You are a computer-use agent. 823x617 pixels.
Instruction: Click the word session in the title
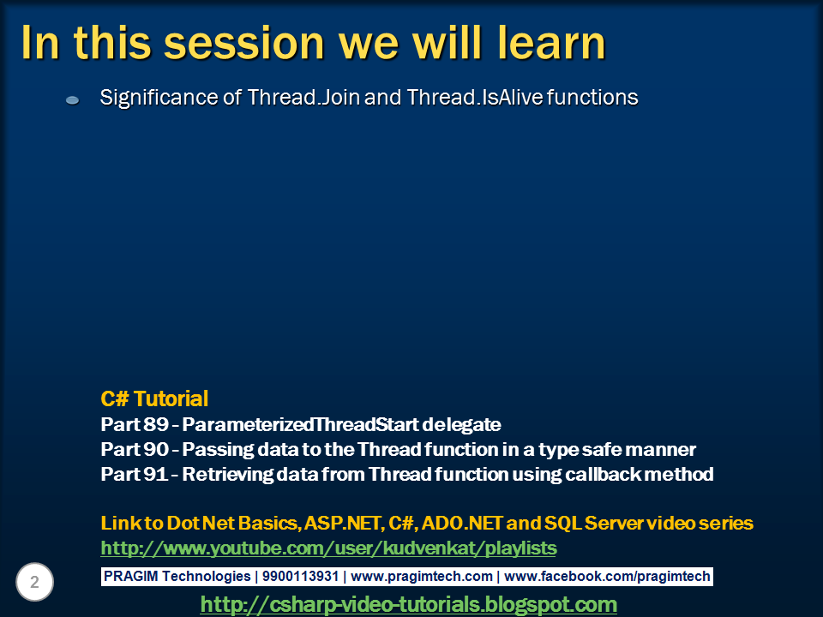point(244,43)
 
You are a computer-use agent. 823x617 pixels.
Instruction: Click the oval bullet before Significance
point(72,99)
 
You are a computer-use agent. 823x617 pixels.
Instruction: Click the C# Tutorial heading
point(154,398)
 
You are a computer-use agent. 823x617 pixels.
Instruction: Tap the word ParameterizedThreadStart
point(300,424)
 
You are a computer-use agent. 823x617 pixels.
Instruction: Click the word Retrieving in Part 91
point(227,475)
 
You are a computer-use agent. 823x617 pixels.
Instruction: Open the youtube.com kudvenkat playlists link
point(328,548)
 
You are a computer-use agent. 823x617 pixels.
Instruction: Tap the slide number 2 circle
point(34,582)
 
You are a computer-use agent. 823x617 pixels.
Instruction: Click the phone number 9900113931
point(300,576)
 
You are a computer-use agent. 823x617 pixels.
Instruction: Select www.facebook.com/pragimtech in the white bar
point(607,577)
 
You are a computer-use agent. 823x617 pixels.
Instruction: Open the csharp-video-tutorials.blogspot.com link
point(408,604)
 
